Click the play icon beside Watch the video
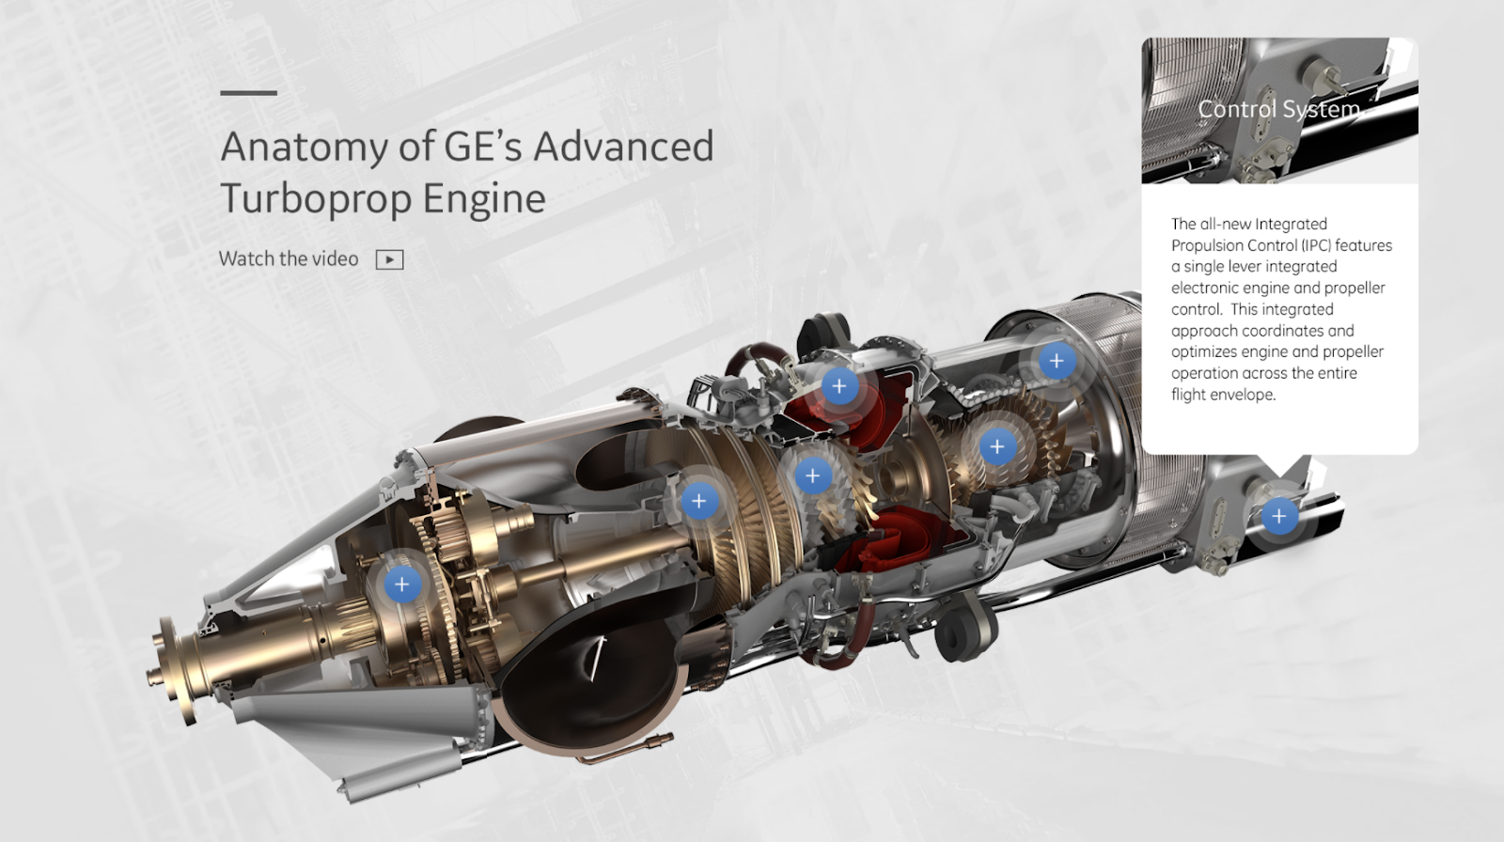[x=389, y=259]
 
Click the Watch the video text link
[x=289, y=258]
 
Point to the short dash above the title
[x=248, y=93]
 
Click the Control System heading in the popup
[x=1278, y=109]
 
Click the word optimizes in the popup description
[x=1203, y=352]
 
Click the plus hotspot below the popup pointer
[x=1278, y=516]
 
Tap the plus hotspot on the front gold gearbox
[x=402, y=585]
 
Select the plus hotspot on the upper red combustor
[x=839, y=385]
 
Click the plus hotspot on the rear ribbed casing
[x=1057, y=361]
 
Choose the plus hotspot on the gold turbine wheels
[x=997, y=446]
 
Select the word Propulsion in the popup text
[x=1219, y=245]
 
